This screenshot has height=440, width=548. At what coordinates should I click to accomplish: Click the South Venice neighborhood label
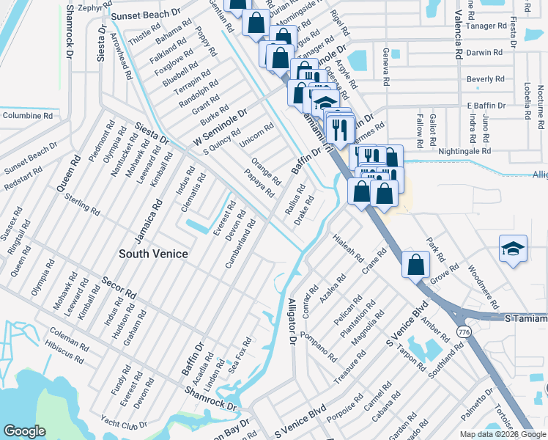(x=154, y=254)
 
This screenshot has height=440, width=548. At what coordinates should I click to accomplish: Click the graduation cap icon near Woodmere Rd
(x=513, y=248)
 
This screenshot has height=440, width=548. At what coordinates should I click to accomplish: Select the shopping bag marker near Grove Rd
(x=415, y=265)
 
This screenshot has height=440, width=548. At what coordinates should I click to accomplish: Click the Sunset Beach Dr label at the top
(x=147, y=14)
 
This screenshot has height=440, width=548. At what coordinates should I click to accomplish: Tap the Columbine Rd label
(x=27, y=115)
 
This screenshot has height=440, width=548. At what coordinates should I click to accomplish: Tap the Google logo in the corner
(x=24, y=431)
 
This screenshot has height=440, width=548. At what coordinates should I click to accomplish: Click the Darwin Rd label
(x=485, y=53)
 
